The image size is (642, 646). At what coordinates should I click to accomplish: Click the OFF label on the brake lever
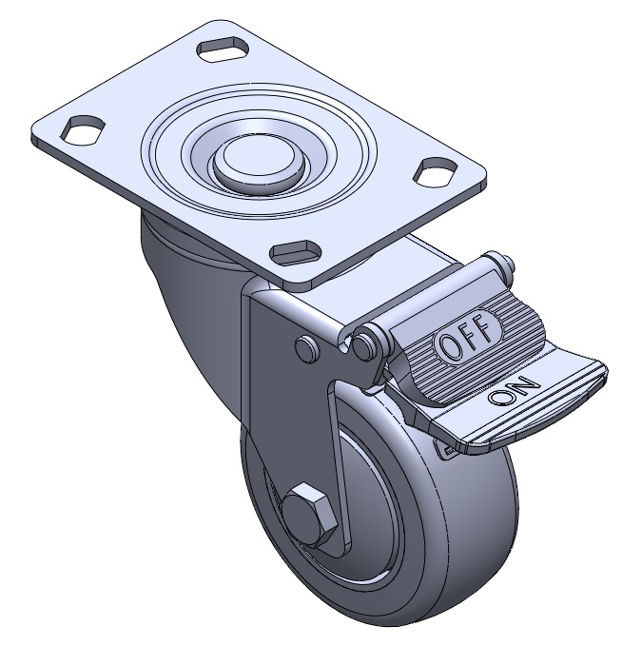point(468,336)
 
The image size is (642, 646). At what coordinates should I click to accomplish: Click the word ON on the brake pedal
point(514,389)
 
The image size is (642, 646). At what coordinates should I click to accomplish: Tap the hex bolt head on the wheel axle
point(310,515)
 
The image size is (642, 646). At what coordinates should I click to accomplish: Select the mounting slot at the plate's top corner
point(224,49)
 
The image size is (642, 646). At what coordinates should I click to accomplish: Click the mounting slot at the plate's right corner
point(436,171)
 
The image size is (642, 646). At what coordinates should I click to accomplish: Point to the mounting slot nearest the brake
point(295,253)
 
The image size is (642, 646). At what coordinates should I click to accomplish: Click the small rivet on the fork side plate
point(307,348)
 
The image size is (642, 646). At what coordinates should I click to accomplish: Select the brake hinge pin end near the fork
point(364,345)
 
